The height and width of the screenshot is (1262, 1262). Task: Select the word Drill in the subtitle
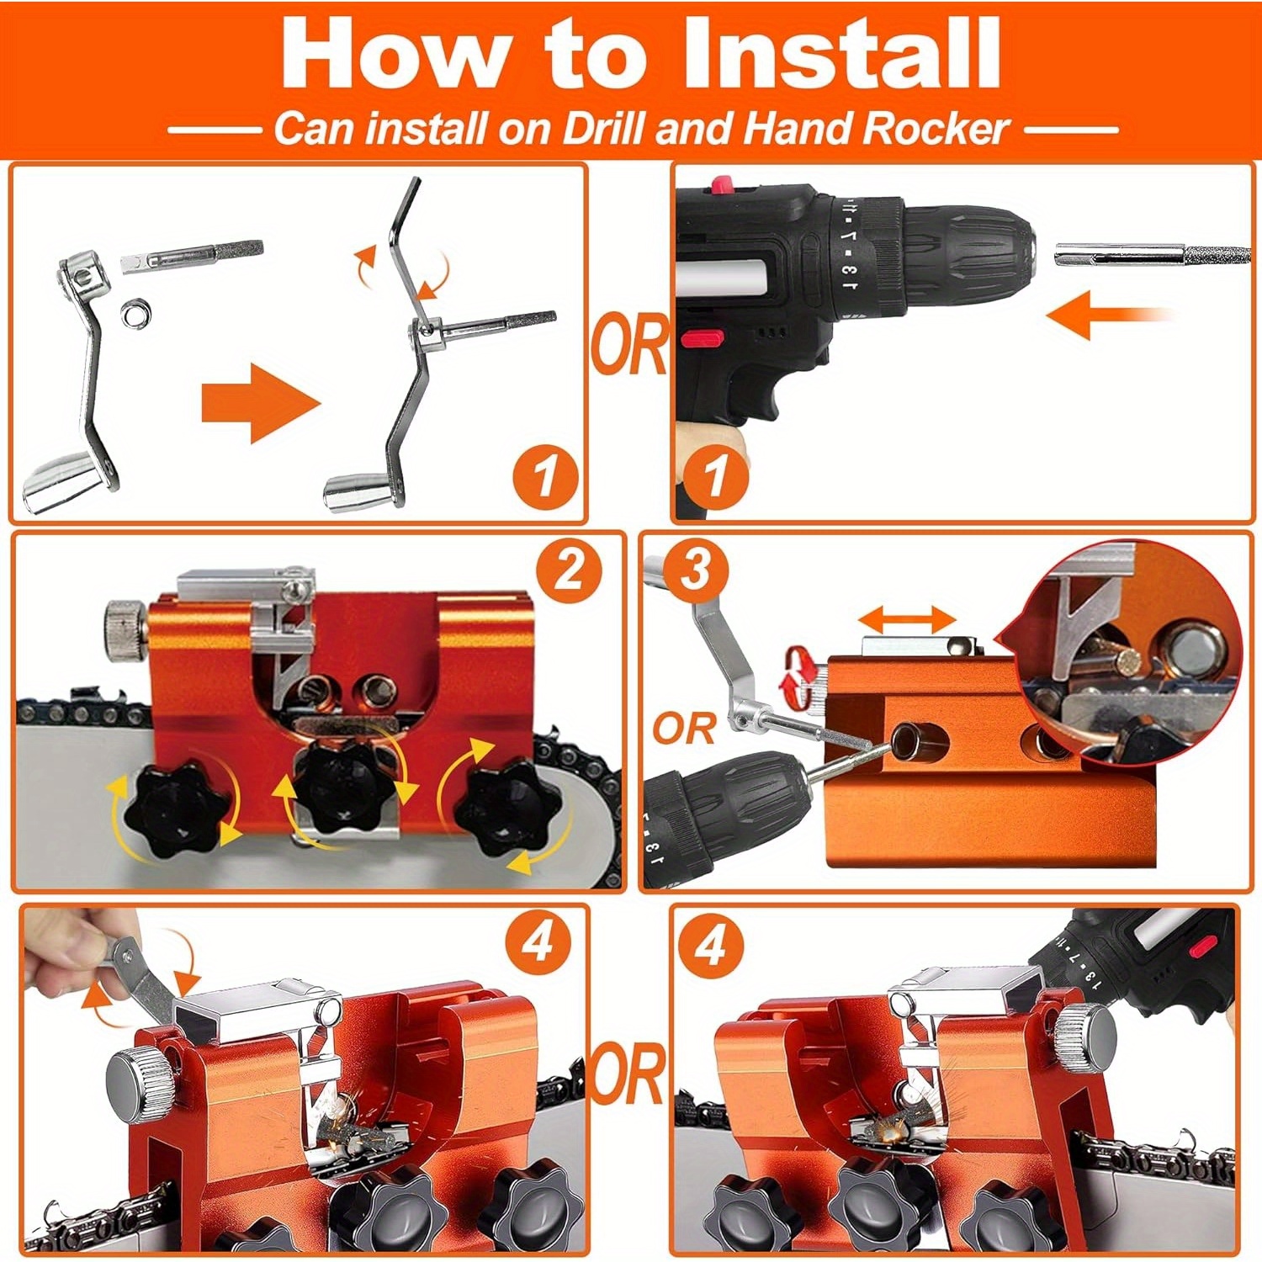[x=603, y=129]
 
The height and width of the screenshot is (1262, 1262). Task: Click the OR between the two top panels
[x=629, y=344]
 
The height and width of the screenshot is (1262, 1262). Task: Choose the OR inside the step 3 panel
[x=684, y=729]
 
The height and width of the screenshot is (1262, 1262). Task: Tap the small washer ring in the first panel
[x=135, y=314]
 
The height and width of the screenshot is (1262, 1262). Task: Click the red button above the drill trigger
[x=703, y=338]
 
